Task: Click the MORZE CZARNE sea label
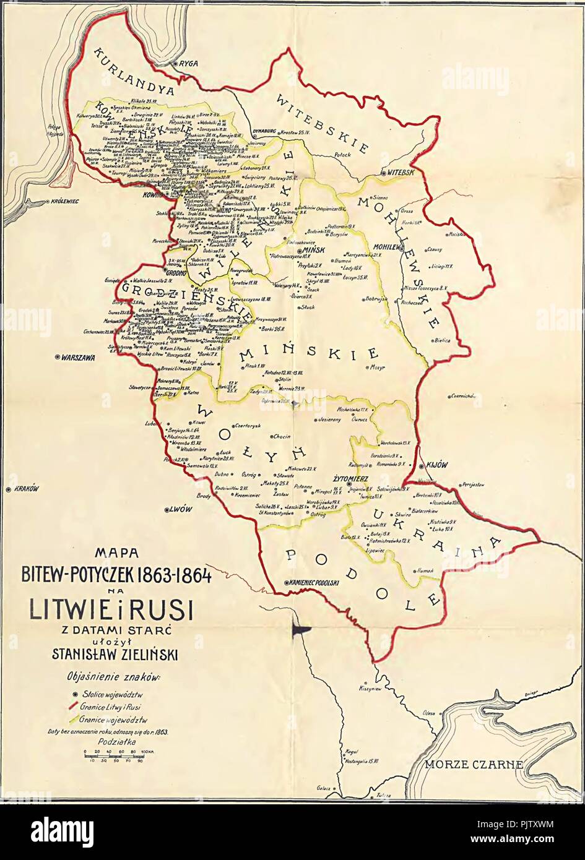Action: pyautogui.click(x=474, y=765)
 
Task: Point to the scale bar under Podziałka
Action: pyautogui.click(x=115, y=756)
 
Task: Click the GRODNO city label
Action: pyautogui.click(x=177, y=271)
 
